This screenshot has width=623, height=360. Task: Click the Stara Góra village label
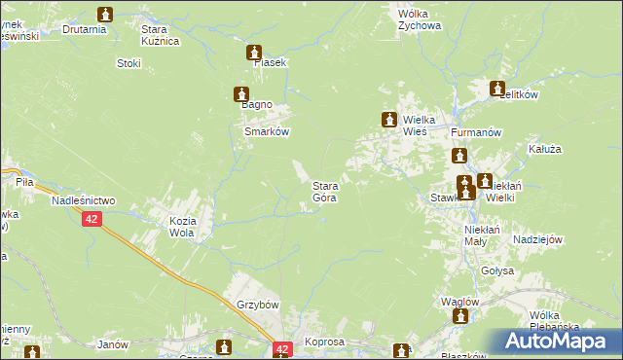(324, 192)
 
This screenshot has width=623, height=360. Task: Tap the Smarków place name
(267, 131)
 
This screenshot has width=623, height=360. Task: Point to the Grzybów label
(257, 305)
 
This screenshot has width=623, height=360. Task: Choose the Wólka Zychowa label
(419, 20)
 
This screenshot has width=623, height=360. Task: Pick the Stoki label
(128, 64)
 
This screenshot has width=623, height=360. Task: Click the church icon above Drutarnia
(105, 15)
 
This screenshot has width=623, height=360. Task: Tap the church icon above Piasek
(255, 52)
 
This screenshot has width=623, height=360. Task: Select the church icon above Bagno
(239, 94)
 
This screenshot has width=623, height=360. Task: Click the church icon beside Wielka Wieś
(388, 120)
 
